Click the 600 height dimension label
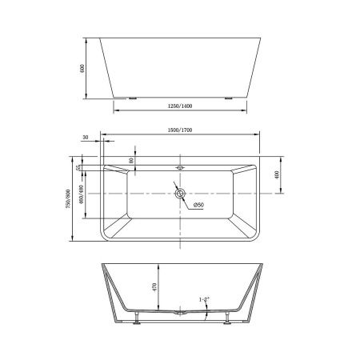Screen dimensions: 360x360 click(82, 68)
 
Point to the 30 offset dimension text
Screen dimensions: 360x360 click(86, 137)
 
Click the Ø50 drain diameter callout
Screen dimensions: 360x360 click(198, 205)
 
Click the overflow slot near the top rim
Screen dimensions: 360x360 click(179, 168)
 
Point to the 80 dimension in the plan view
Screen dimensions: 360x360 click(130, 160)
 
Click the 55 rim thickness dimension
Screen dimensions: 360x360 click(78, 168)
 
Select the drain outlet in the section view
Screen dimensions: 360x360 click(179, 313)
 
